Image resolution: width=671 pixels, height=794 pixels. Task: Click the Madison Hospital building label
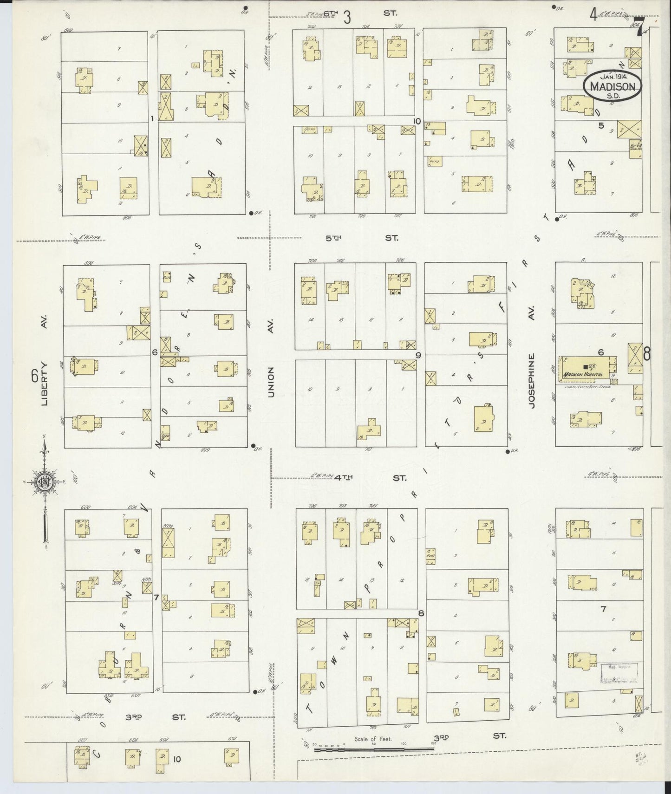pos(583,375)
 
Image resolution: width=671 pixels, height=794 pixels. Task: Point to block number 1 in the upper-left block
pos(152,119)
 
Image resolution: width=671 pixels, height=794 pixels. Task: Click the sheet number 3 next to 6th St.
pos(347,17)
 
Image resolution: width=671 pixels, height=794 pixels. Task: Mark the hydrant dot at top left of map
pos(245,8)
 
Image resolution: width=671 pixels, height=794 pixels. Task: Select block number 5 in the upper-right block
pos(601,125)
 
